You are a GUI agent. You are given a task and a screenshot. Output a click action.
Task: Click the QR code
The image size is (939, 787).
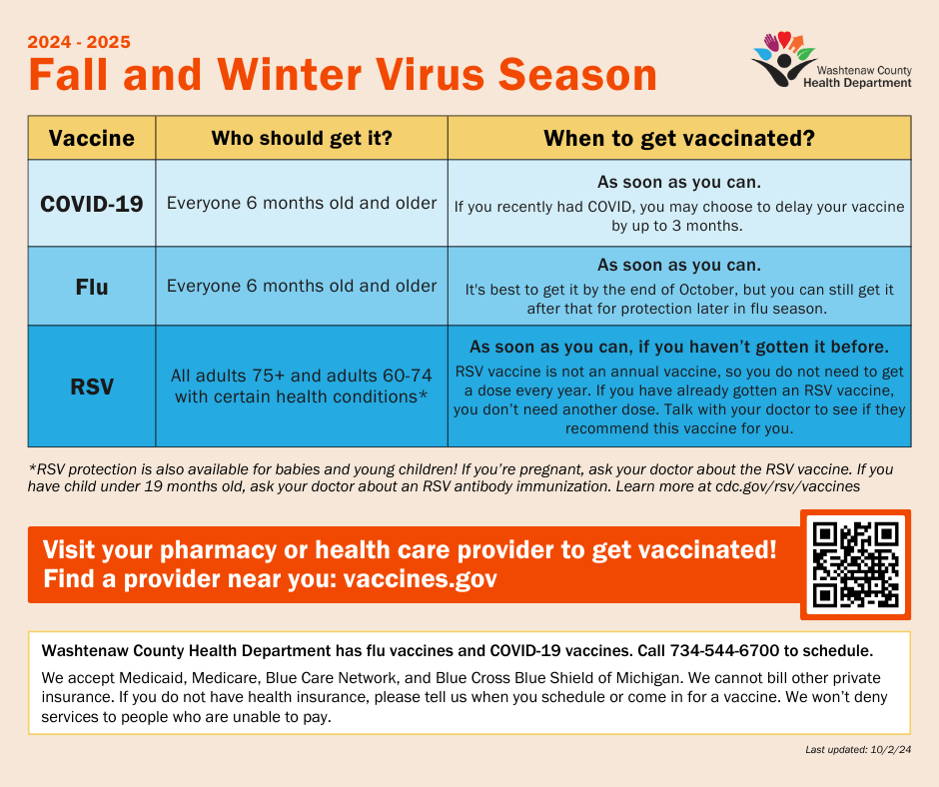pos(856,564)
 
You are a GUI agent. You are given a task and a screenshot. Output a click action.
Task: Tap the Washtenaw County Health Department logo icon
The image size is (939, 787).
pos(784,59)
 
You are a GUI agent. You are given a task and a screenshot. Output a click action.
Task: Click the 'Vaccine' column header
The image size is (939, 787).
pos(92,139)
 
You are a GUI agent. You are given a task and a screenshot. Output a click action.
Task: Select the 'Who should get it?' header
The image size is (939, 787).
pos(302,139)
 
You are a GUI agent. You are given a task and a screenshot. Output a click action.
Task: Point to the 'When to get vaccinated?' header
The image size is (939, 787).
pos(679,139)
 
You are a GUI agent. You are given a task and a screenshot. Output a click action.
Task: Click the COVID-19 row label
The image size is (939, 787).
pos(92,204)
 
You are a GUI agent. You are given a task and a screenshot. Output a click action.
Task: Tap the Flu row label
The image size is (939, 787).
pos(92,287)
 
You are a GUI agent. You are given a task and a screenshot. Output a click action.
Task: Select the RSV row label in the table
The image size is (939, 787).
pos(92,387)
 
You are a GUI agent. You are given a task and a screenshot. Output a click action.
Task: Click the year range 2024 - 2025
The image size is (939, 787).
pos(79,42)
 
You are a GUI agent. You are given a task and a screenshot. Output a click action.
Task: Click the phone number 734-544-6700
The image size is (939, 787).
pos(724,650)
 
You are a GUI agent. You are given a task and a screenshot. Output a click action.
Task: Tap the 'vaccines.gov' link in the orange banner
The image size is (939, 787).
pos(420,579)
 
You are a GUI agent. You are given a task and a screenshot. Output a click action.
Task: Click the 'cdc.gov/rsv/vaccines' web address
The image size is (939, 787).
pos(787,486)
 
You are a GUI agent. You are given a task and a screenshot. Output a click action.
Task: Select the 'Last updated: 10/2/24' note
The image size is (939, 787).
pos(858,749)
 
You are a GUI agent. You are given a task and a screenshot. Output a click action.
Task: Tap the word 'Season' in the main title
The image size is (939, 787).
pos(578,75)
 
